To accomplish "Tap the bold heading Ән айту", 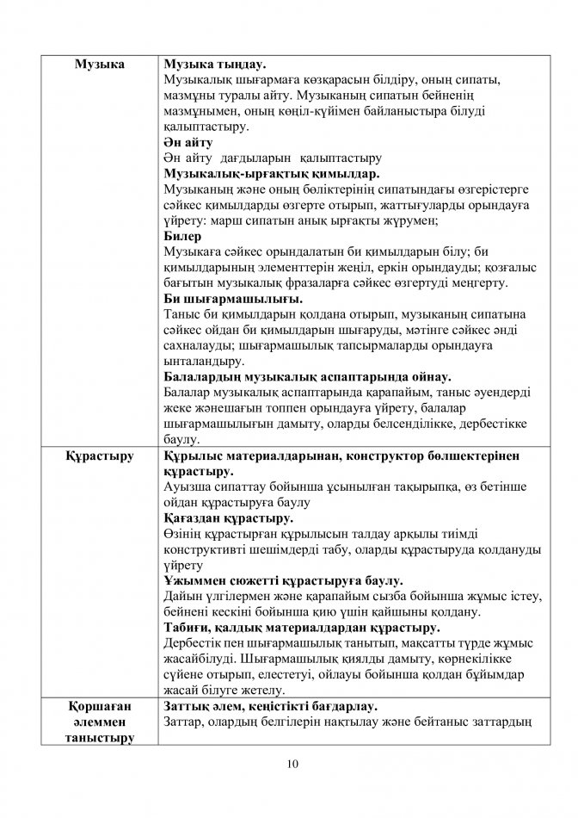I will (x=188, y=143).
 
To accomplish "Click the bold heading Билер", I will (x=182, y=236).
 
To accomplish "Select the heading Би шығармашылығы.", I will (x=232, y=299).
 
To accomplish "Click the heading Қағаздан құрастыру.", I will (x=228, y=518).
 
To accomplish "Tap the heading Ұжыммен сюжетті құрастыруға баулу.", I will (x=283, y=580).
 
